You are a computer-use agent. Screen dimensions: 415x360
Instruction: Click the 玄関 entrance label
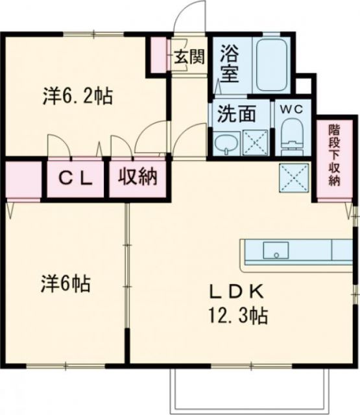click(x=189, y=57)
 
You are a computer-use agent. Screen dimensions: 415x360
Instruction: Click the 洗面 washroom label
click(x=236, y=114)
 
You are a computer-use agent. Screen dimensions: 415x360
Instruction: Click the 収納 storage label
click(x=138, y=177)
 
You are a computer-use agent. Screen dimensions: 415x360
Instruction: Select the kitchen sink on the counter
click(x=275, y=250)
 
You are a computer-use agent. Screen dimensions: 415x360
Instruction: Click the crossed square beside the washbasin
click(x=253, y=142)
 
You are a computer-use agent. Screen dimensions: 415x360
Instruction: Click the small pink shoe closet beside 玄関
click(x=158, y=56)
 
